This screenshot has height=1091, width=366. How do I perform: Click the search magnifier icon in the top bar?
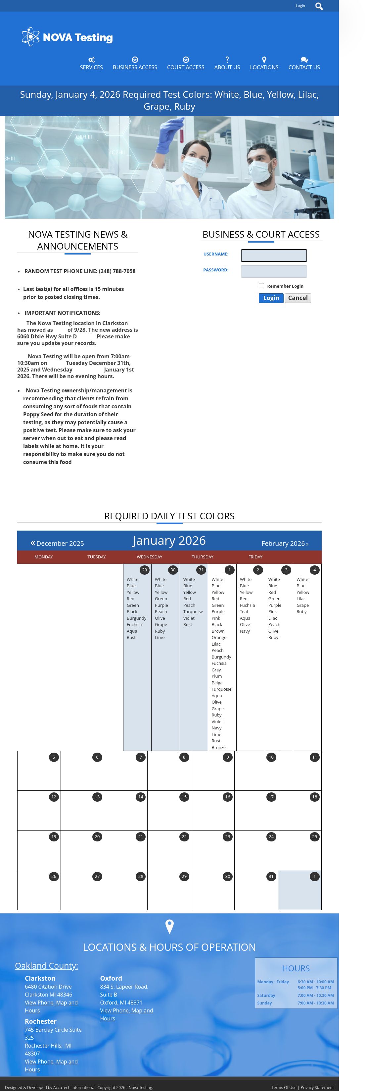click(319, 6)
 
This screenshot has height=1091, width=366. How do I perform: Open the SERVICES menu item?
click(91, 64)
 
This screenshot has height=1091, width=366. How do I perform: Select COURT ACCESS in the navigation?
click(185, 64)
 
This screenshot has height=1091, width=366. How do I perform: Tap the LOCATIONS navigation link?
click(264, 64)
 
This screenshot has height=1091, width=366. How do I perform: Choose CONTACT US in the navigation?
click(304, 64)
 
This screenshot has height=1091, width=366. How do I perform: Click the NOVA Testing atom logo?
click(30, 37)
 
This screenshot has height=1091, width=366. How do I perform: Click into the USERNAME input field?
click(274, 256)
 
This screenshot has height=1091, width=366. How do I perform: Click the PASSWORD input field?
click(274, 271)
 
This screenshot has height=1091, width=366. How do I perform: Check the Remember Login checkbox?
click(261, 286)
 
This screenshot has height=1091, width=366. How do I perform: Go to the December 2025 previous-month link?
click(57, 544)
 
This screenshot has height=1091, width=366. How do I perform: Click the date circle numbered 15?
click(184, 797)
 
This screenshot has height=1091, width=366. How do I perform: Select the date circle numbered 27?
click(97, 877)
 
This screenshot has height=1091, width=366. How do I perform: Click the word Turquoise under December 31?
click(193, 611)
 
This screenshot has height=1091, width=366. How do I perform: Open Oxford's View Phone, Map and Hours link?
click(126, 1014)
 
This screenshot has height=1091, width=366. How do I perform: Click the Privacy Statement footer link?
click(317, 1087)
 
